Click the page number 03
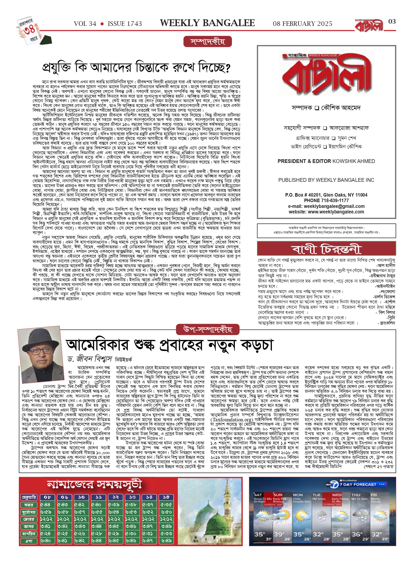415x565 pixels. [x=392, y=22]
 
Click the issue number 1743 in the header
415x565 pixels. [x=125, y=24]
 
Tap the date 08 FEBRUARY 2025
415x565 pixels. [x=302, y=24]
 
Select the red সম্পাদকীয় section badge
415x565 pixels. [x=207, y=42]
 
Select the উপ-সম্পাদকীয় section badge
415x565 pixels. [x=207, y=329]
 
